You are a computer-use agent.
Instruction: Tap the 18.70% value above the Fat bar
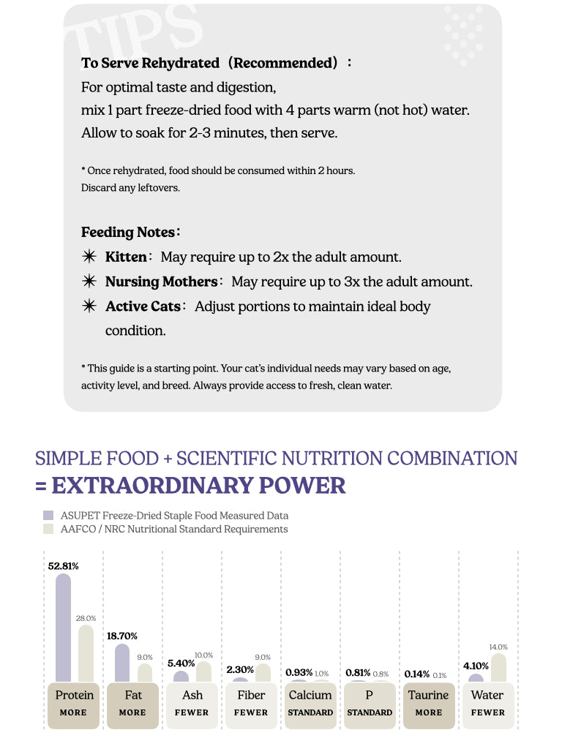[x=122, y=636]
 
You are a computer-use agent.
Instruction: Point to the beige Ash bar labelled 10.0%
[x=204, y=672]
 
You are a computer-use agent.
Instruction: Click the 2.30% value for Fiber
[x=240, y=669]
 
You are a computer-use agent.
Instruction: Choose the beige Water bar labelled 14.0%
[x=498, y=668]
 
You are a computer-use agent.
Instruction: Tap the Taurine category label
[x=428, y=695]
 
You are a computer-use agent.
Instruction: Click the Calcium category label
[x=310, y=695]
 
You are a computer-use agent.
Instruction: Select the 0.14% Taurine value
[x=416, y=674]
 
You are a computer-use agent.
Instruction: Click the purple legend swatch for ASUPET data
[x=48, y=516]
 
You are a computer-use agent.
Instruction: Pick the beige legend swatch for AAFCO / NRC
[x=48, y=529]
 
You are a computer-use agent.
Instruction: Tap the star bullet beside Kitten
[x=89, y=257]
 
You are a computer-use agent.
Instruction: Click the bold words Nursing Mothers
[x=161, y=282]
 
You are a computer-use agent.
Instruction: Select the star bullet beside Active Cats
[x=89, y=306]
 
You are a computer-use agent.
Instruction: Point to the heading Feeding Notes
[x=128, y=233]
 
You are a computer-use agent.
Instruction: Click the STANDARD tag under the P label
[x=370, y=712]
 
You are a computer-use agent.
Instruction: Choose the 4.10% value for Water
[x=476, y=666]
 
